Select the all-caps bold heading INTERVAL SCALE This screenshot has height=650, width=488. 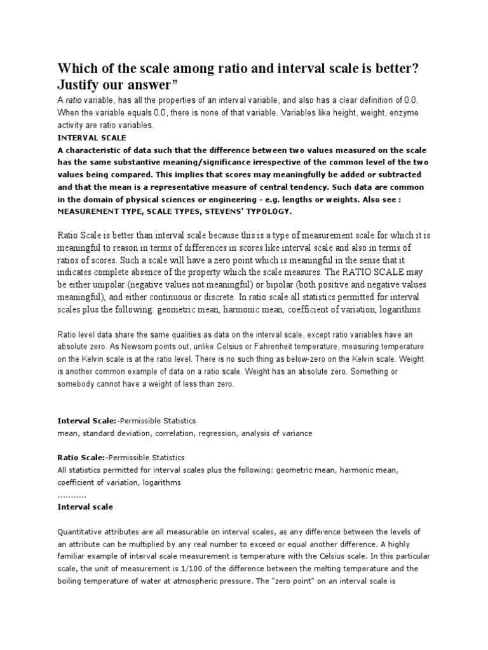[x=91, y=137]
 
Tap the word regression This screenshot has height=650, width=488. [x=217, y=433]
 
